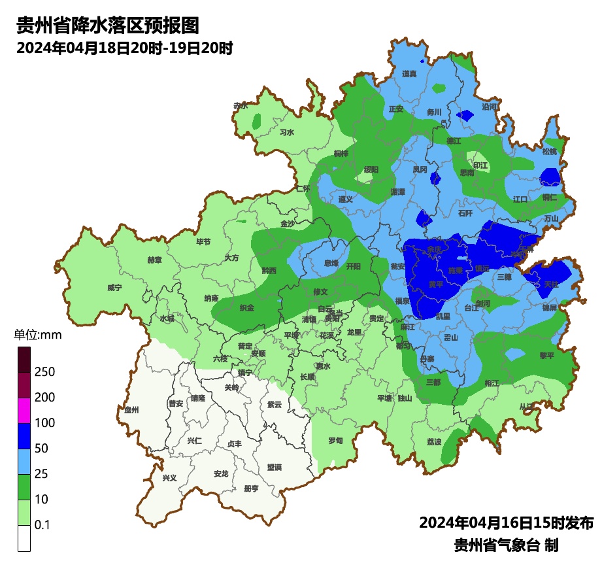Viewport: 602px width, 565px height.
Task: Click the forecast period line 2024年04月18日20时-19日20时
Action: tap(125, 48)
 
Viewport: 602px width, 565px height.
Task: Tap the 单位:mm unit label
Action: tap(37, 335)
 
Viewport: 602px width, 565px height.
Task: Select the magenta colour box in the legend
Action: tap(24, 410)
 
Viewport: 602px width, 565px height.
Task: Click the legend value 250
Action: tap(44, 372)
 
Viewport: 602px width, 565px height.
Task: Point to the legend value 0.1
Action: tap(42, 525)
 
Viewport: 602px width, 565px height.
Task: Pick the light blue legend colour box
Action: tap(24, 461)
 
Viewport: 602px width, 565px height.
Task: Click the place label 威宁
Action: tap(114, 288)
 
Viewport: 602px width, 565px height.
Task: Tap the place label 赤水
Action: tap(241, 105)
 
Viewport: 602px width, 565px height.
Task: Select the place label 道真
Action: tap(409, 74)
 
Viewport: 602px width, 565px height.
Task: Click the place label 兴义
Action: tap(169, 478)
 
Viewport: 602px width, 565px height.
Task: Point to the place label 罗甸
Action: tap(335, 441)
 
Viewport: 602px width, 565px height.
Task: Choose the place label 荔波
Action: tap(434, 442)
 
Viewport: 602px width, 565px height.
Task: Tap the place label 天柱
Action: tap(551, 284)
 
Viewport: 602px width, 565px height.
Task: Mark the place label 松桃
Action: tap(550, 152)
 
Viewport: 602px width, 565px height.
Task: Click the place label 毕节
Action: tap(203, 242)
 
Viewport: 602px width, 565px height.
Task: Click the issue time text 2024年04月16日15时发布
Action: tap(506, 523)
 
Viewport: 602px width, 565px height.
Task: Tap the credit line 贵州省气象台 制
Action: tap(506, 545)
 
